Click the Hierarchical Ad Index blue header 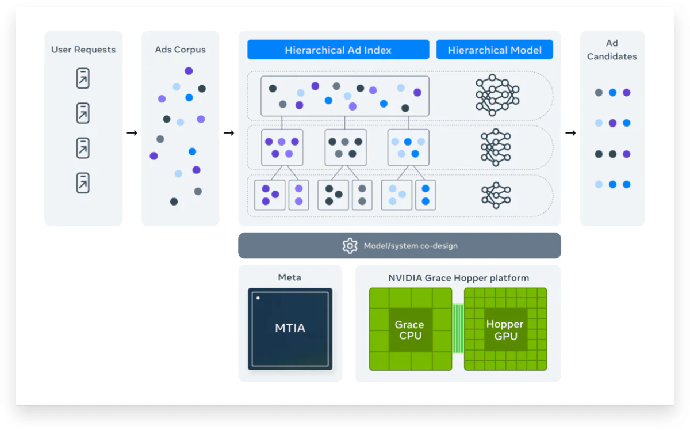tap(338, 50)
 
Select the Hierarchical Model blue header tap(494, 50)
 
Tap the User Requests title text tap(83, 50)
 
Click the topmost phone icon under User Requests tap(83, 78)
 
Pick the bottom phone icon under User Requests tap(83, 183)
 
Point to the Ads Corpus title tap(180, 50)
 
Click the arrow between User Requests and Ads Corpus tap(132, 133)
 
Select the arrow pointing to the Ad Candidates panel tap(570, 133)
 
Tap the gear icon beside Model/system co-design tap(350, 246)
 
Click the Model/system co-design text tap(411, 246)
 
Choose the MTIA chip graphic tap(290, 329)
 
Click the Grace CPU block tap(410, 330)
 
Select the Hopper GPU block tap(505, 330)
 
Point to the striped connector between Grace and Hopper tap(458, 329)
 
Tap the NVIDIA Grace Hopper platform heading tap(458, 278)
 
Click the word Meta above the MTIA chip tap(289, 277)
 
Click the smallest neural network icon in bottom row tap(496, 195)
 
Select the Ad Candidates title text tap(612, 50)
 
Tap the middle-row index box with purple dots tap(282, 147)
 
